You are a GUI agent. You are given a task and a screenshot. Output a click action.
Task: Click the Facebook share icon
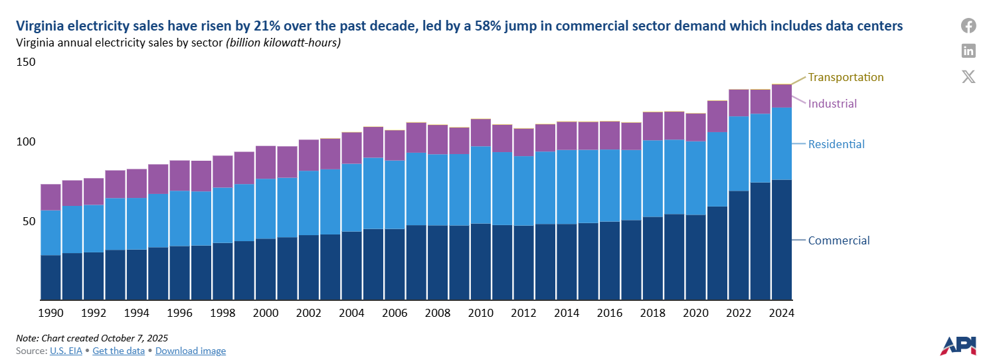pyautogui.click(x=968, y=26)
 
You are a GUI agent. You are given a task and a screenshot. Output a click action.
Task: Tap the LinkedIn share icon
pyautogui.click(x=968, y=50)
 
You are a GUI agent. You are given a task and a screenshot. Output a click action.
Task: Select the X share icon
pyautogui.click(x=968, y=76)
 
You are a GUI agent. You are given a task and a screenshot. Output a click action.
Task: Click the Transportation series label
pyautogui.click(x=846, y=77)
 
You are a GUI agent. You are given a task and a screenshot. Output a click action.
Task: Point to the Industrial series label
pyautogui.click(x=832, y=104)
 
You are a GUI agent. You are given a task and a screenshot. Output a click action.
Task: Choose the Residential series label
pyautogui.click(x=836, y=144)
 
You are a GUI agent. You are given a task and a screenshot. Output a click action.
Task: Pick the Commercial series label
pyautogui.click(x=839, y=240)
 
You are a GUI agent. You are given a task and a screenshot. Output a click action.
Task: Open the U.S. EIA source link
pyautogui.click(x=66, y=351)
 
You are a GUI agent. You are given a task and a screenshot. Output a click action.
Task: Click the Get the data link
pyautogui.click(x=118, y=351)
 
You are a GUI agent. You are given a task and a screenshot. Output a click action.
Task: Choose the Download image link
pyautogui.click(x=191, y=351)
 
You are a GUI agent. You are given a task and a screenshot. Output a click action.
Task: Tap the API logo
pyautogui.click(x=958, y=345)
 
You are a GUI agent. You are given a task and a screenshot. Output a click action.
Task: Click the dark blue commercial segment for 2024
pyautogui.click(x=781, y=239)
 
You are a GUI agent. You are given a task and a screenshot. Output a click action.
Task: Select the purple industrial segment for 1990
pyautogui.click(x=51, y=197)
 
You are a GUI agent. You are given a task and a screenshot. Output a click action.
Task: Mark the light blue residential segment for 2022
pyautogui.click(x=739, y=153)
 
